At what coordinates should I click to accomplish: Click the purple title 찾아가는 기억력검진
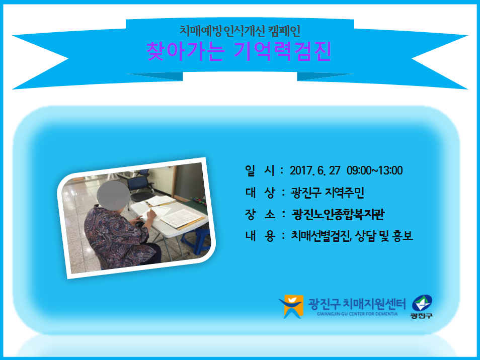point(239,51)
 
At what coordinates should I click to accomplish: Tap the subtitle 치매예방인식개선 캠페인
point(239,31)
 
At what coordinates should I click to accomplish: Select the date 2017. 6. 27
point(315,170)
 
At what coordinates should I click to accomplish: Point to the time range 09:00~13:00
point(375,170)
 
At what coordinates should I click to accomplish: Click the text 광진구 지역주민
point(327,193)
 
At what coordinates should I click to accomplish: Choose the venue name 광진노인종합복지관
point(338,214)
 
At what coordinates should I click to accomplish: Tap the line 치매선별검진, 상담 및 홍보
point(352,236)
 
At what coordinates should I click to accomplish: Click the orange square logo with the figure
point(291,306)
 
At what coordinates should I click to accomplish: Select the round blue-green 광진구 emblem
point(422,303)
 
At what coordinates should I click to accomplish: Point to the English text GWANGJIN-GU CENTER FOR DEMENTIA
point(357,314)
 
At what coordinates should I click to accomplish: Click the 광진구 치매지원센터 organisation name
point(357,304)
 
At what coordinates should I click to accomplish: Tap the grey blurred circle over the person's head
point(113,195)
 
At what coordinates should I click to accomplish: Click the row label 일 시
point(260,170)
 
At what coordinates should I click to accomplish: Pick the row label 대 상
point(260,193)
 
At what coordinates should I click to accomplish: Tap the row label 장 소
point(260,214)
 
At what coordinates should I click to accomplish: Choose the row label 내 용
point(260,236)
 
